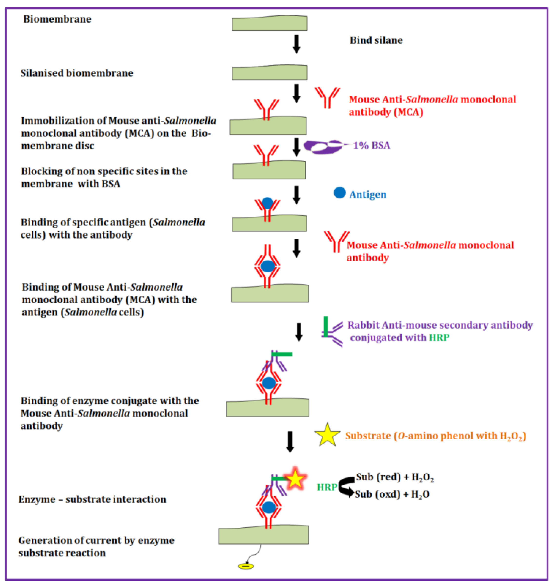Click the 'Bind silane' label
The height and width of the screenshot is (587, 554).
376,40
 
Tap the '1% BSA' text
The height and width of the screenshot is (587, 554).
372,145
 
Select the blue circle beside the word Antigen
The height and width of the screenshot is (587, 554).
340,193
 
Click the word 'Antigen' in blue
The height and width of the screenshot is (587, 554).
368,195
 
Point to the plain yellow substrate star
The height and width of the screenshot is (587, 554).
327,435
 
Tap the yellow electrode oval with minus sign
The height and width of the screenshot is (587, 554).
246,566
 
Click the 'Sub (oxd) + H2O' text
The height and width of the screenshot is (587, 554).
392,494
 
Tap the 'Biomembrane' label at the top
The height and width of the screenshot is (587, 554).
57,19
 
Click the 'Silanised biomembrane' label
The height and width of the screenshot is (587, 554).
77,73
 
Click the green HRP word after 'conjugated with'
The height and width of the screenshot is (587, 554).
439,337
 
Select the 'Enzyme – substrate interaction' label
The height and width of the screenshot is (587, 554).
92,499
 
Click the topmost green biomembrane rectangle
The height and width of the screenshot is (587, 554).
269,23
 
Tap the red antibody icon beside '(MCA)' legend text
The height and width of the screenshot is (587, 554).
327,97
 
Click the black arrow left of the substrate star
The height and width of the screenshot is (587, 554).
290,441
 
